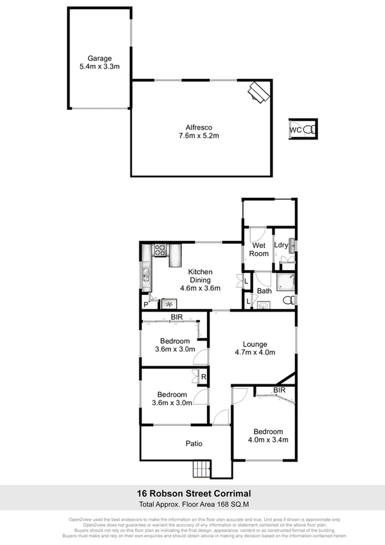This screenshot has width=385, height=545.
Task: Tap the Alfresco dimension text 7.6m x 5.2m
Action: click(x=200, y=136)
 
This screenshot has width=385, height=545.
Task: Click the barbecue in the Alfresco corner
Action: click(x=260, y=93)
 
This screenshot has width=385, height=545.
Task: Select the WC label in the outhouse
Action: click(x=295, y=130)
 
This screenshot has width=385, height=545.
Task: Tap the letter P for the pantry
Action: click(x=145, y=304)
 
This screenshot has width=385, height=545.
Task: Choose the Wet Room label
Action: click(x=259, y=249)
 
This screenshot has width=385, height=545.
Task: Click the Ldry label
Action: click(x=281, y=244)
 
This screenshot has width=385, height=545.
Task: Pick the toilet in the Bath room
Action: click(x=289, y=301)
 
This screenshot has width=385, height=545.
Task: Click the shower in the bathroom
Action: click(x=285, y=281)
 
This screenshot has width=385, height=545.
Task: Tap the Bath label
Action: click(x=264, y=290)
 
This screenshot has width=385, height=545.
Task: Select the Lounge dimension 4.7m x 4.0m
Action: click(x=255, y=352)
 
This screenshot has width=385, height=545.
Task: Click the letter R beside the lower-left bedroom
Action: click(x=204, y=377)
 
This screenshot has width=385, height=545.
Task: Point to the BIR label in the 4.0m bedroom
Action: click(x=280, y=390)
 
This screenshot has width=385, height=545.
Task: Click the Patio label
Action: click(x=194, y=443)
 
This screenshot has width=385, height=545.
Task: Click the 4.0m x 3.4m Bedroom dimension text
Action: click(x=267, y=440)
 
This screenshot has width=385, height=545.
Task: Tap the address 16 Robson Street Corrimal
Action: click(x=193, y=494)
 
